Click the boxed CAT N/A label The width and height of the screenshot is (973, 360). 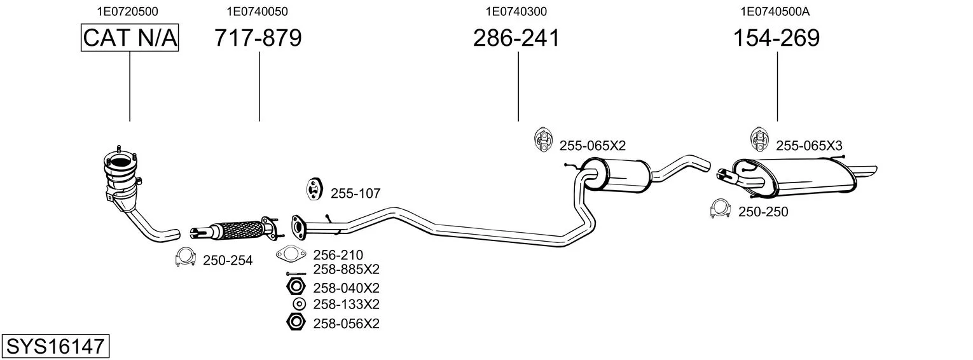coord(130,38)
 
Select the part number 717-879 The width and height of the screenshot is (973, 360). coord(258,38)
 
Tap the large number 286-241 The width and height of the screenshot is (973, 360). coord(516,38)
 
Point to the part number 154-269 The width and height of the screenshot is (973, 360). coord(776,38)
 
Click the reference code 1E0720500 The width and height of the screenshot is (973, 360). coord(128,11)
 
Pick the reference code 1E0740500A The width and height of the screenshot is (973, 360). coord(775,11)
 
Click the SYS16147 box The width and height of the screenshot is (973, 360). coord(55,346)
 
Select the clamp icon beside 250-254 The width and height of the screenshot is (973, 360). coord(185,257)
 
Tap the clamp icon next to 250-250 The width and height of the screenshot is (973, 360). coord(721,209)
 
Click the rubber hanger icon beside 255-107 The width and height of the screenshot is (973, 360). coord(313,190)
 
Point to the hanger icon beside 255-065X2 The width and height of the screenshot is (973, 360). coord(542,140)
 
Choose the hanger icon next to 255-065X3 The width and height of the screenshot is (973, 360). coord(759,140)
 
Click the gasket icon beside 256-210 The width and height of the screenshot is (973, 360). coord(291,254)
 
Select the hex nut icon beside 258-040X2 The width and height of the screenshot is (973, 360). coord(296,287)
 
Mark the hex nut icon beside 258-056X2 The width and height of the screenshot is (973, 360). coord(296,322)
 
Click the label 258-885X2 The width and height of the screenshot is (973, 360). coord(346,270)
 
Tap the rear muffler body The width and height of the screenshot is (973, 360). coord(795,176)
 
